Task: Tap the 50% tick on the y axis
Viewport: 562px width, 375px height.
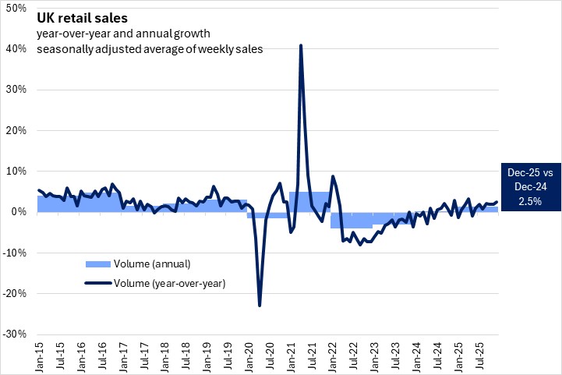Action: [x=16, y=8]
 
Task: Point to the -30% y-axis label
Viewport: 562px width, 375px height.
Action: [x=15, y=334]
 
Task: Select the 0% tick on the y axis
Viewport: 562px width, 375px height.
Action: [x=19, y=211]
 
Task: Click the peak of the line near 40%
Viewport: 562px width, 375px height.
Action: [x=301, y=46]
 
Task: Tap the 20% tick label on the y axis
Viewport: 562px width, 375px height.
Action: [x=16, y=130]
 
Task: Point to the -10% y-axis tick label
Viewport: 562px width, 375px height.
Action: [x=15, y=253]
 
